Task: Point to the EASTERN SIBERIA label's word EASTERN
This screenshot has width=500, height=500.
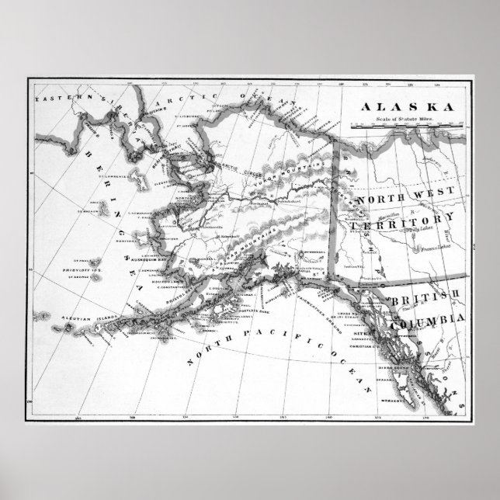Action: pyautogui.click(x=55, y=99)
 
